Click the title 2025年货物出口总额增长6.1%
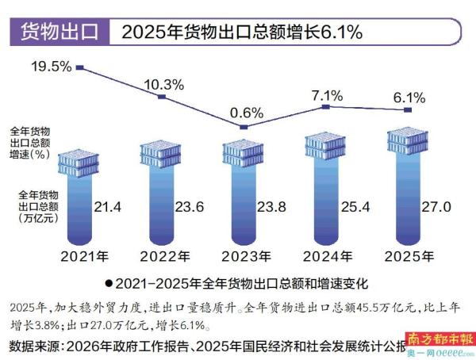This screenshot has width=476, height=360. tap(242, 33)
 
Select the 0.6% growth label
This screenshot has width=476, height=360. tap(246, 112)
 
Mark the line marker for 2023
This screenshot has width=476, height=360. tap(244, 127)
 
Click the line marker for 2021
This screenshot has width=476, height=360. tap(80, 69)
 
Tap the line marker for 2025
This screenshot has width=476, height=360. tap(407, 110)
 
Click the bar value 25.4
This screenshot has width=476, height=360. tap(353, 208)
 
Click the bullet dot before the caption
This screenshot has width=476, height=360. tap(108, 282)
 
